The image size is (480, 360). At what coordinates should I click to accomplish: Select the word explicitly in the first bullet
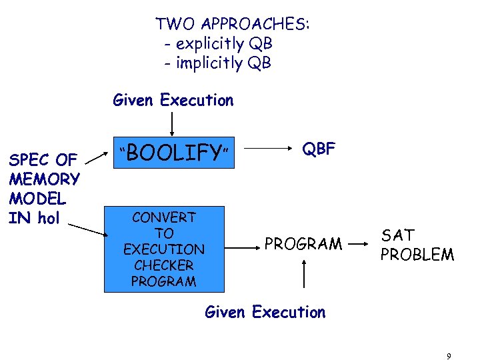(x=210, y=44)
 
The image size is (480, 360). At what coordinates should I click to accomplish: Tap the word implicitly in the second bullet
(x=210, y=63)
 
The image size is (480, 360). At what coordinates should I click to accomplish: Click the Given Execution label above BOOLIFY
(x=173, y=101)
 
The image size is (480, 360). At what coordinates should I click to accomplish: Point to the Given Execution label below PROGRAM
(x=265, y=312)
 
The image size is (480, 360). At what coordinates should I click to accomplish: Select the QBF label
(x=319, y=149)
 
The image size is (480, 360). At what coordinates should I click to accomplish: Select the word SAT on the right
(x=398, y=235)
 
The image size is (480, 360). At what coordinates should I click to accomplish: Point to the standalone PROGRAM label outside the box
(x=303, y=244)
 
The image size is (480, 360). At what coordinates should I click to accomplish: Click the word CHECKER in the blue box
(x=163, y=265)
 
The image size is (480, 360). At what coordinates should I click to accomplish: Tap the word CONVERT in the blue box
(x=163, y=217)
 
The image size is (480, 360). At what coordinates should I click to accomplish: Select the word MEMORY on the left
(x=45, y=179)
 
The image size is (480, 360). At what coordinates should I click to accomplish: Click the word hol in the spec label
(x=49, y=218)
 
